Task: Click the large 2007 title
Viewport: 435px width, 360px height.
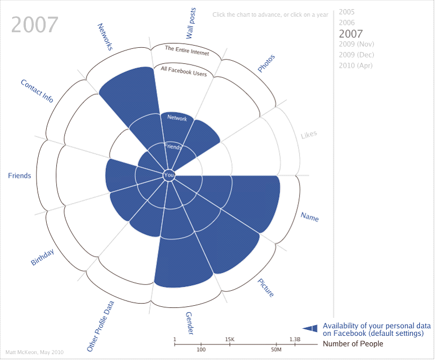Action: (x=35, y=25)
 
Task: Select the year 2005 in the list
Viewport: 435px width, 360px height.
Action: (x=347, y=12)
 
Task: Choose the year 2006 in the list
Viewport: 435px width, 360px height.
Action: (x=347, y=23)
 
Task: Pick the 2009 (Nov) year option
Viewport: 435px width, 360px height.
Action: (x=357, y=44)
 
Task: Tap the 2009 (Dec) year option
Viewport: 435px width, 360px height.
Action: (x=357, y=55)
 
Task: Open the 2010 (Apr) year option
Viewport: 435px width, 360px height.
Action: (x=355, y=66)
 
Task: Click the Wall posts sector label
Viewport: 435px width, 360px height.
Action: (x=191, y=23)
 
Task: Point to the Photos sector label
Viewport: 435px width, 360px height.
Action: (x=266, y=63)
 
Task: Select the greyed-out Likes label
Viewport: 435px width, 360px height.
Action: (x=309, y=134)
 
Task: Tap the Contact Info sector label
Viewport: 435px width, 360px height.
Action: (x=37, y=91)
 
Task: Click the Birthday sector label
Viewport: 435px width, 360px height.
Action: (x=42, y=257)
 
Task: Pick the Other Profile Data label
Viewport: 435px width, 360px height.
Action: (x=101, y=326)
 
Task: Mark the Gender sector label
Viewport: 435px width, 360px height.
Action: (x=190, y=323)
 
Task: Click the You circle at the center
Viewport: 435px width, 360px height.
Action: (x=169, y=175)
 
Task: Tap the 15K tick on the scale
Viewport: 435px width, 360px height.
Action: (x=230, y=342)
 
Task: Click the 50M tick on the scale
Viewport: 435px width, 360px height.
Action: (x=277, y=347)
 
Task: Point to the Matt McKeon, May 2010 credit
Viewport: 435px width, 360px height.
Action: (x=34, y=352)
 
